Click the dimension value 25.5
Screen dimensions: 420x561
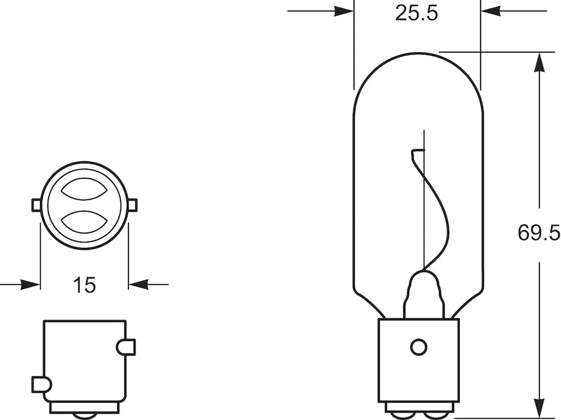click(417, 13)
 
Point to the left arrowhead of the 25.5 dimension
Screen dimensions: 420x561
click(344, 11)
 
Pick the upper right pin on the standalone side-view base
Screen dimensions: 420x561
click(127, 346)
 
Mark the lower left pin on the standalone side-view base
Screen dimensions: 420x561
click(41, 384)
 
